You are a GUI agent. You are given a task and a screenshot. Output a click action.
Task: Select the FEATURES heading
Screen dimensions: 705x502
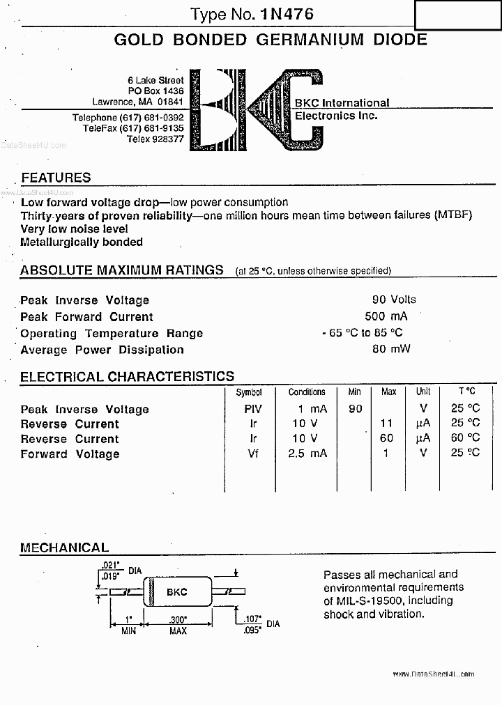56,178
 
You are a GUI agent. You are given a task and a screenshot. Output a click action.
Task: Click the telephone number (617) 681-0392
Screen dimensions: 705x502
151,118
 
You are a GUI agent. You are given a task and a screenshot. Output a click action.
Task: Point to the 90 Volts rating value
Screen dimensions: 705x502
394,300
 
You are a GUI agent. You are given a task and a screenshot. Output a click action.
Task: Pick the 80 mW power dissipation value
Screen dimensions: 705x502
391,349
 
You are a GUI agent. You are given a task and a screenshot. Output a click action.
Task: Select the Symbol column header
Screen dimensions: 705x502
249,392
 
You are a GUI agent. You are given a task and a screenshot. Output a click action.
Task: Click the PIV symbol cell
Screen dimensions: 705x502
253,409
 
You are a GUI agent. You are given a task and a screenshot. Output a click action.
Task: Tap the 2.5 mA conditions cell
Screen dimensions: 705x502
307,454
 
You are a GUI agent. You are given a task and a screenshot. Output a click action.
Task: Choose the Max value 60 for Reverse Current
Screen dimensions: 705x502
386,438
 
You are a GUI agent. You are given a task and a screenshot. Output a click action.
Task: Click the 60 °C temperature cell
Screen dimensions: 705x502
465,438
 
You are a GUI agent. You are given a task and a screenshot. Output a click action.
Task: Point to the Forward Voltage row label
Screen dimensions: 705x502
70,454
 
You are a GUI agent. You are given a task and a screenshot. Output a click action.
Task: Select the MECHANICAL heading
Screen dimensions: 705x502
64,548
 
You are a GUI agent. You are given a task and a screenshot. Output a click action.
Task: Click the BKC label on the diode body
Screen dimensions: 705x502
176,592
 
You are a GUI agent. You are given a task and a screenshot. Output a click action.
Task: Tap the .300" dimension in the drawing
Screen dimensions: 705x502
178,619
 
